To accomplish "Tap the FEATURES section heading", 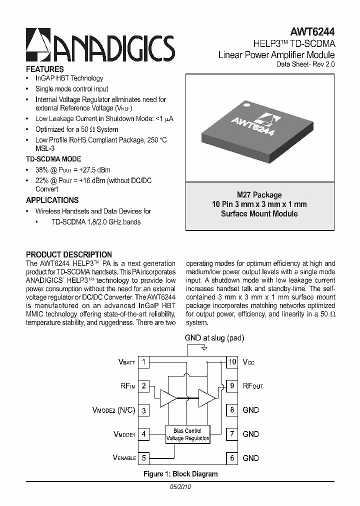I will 44,69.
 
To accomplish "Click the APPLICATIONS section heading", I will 52,200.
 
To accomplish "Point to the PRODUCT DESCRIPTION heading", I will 69,254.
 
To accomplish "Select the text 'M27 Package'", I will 259,195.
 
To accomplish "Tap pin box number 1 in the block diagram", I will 144,361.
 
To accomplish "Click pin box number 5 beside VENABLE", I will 144,457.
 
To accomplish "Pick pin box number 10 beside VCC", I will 232,361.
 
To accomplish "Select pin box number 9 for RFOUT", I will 232,385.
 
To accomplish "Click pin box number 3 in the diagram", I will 144,410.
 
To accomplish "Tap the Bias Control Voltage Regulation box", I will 187,434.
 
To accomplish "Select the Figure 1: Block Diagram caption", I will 180,474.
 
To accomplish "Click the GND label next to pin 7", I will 250,434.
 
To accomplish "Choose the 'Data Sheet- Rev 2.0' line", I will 305,65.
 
